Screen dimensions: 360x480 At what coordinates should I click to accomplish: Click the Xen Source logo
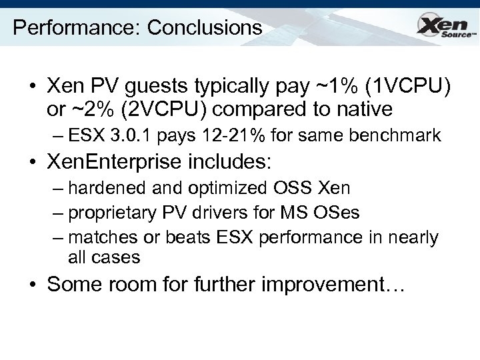pos(445,27)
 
